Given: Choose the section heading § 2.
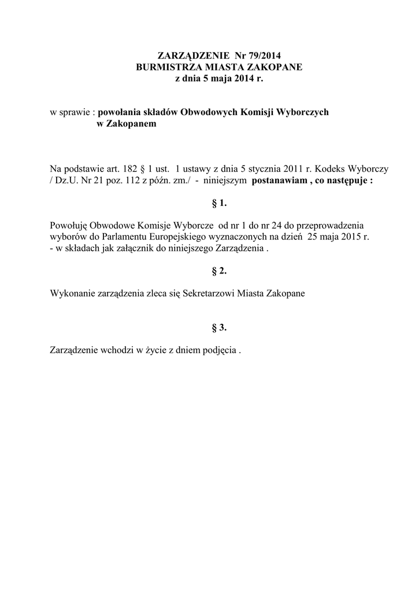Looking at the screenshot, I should click(218, 271).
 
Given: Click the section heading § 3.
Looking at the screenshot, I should click(218, 328).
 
